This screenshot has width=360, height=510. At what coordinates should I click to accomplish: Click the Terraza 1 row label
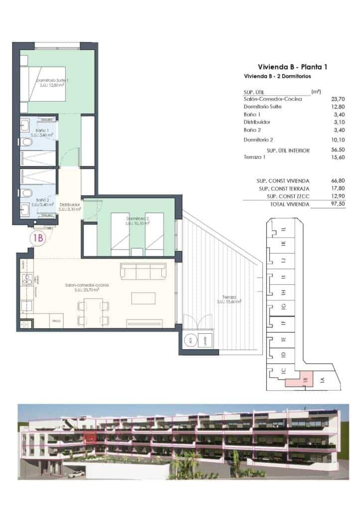click(x=254, y=157)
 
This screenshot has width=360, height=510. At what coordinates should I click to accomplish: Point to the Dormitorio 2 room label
click(x=138, y=219)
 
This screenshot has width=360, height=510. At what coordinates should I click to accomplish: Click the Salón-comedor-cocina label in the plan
click(x=87, y=285)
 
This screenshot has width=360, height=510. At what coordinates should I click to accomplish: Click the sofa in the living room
click(x=143, y=271)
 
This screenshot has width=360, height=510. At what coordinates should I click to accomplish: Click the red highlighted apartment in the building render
click(x=90, y=438)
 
